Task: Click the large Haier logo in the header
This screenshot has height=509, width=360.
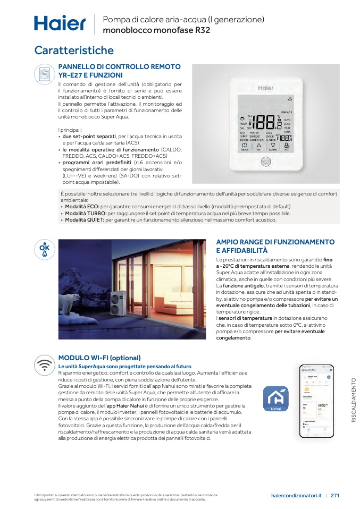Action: coord(60,23)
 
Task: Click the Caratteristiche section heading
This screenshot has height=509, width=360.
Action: coord(74,50)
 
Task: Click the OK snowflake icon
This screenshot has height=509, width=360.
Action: coord(45,249)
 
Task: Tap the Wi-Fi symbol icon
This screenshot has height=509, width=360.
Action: coord(45,366)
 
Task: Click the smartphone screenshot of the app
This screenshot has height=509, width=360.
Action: coord(317,402)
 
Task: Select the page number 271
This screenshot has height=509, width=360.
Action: coord(335,496)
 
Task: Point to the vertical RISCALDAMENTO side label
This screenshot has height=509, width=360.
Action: coord(354,400)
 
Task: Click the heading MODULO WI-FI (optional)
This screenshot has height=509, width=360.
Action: coord(99,358)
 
